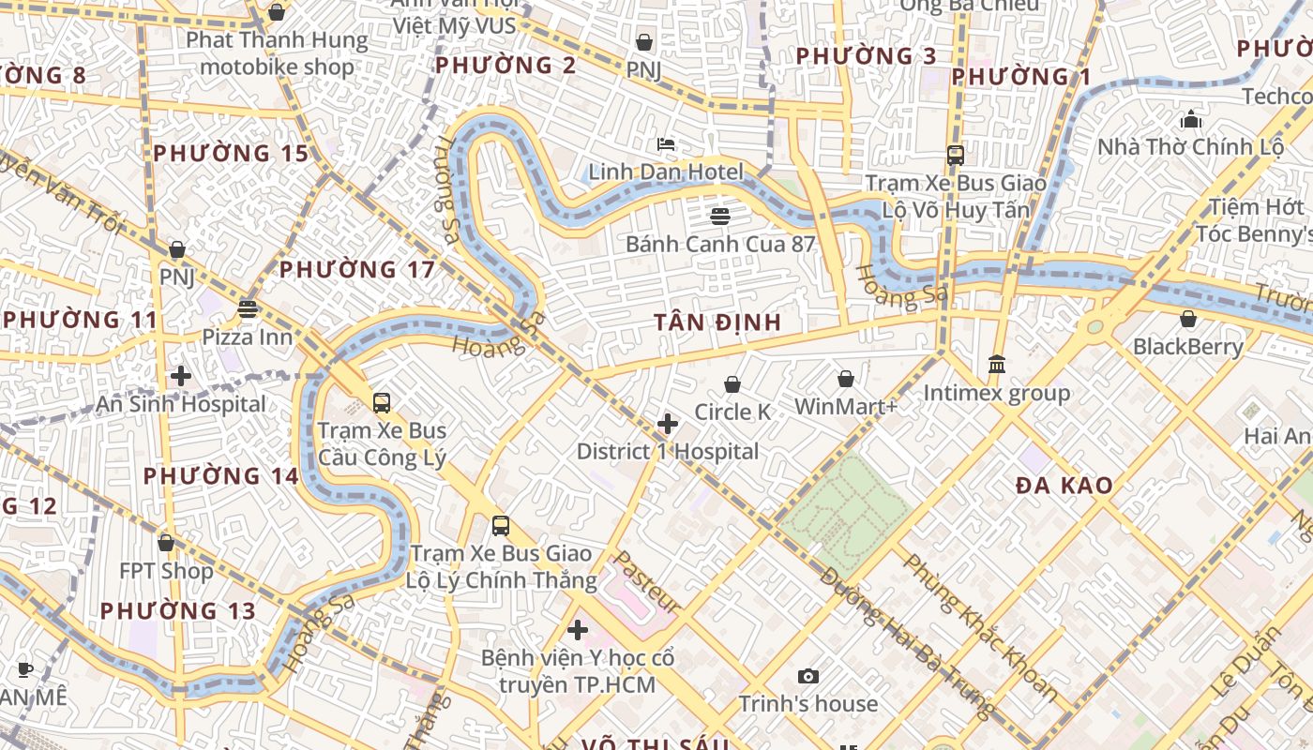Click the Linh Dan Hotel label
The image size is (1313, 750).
point(665,172)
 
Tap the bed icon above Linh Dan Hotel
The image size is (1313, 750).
point(666,144)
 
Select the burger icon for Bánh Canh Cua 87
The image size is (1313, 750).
point(720,217)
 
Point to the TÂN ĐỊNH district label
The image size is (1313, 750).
point(717,322)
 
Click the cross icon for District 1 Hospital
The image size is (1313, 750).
point(668,424)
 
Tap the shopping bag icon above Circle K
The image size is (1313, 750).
point(732,384)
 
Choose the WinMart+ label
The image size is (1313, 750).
point(846,407)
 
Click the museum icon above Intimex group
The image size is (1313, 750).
point(997,364)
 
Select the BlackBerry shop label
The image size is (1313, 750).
point(1188,347)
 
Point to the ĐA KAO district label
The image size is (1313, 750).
point(1064,486)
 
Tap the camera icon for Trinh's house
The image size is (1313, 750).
point(807,676)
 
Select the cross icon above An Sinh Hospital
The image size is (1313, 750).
point(181,376)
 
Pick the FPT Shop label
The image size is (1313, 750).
point(166,571)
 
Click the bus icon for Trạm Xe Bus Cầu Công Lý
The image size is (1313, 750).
point(382,403)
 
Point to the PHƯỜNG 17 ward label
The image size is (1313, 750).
point(357,270)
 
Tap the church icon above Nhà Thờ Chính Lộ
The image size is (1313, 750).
point(1191,119)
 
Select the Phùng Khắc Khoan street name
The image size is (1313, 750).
point(981,626)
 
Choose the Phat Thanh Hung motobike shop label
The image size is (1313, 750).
point(277,53)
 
